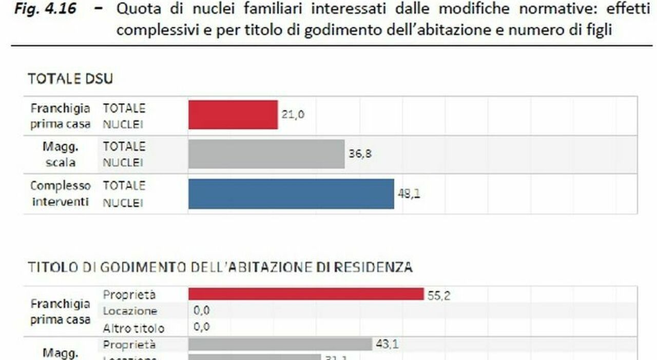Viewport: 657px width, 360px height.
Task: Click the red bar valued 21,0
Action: (x=233, y=115)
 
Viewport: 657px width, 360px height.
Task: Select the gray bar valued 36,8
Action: (x=266, y=154)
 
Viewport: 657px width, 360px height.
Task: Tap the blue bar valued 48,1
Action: (x=291, y=194)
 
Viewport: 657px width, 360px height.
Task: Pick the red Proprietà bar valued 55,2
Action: (x=306, y=294)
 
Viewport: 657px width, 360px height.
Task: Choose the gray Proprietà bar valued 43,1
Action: (x=280, y=344)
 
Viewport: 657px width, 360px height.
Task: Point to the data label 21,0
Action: (x=293, y=115)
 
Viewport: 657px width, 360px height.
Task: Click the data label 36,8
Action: (x=360, y=154)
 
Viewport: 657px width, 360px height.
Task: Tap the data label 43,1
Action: (x=387, y=344)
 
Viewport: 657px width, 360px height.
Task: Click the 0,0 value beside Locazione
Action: (x=202, y=311)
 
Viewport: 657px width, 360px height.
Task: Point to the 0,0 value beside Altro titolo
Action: (x=202, y=327)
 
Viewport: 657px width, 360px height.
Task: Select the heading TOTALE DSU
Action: (x=70, y=79)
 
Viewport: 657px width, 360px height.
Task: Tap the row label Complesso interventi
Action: (x=61, y=194)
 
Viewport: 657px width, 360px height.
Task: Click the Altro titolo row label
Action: (x=133, y=328)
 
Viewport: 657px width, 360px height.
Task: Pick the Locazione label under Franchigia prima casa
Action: (x=130, y=311)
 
